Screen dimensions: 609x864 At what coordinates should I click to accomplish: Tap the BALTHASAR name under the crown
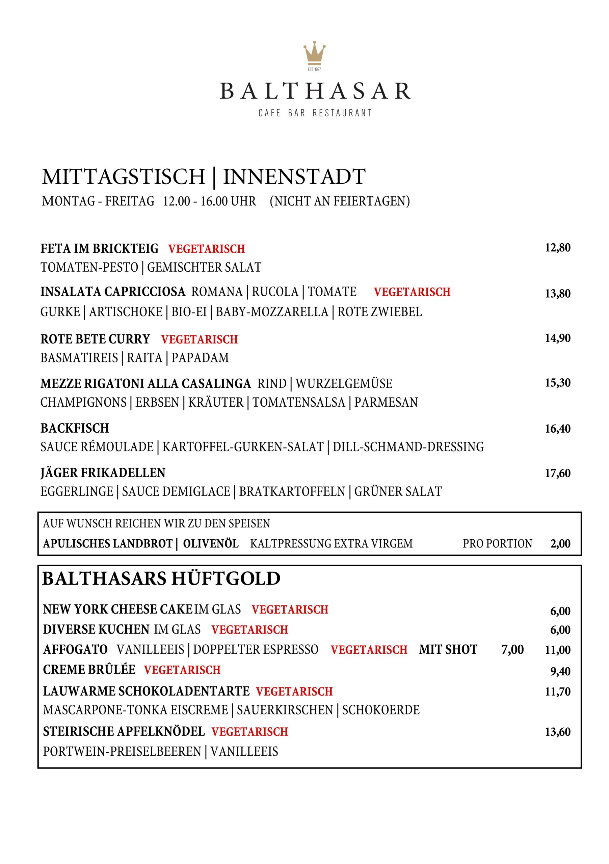(x=315, y=91)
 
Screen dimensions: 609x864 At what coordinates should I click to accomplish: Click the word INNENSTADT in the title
(x=294, y=177)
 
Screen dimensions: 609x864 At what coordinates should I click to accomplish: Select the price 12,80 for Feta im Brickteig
(x=557, y=248)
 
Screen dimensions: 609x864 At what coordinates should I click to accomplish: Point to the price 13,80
(x=557, y=294)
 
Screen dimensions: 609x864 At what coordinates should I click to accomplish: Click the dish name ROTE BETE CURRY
(x=95, y=339)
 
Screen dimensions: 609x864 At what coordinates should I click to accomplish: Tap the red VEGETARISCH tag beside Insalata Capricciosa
(x=412, y=292)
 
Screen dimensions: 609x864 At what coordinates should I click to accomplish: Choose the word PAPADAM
(x=200, y=358)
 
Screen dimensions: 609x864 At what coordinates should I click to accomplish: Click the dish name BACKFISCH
(x=75, y=428)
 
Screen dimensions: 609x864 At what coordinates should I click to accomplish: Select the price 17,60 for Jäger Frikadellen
(x=557, y=473)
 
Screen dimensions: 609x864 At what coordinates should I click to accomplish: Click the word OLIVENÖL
(x=211, y=544)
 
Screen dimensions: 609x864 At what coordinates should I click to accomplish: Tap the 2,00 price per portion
(x=560, y=544)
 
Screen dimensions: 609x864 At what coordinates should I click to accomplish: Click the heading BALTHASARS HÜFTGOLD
(x=161, y=579)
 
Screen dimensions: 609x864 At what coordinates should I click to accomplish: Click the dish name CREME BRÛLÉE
(x=89, y=670)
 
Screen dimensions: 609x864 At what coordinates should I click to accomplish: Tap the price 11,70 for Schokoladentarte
(x=557, y=692)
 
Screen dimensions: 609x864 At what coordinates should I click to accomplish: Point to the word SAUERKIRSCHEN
(x=285, y=710)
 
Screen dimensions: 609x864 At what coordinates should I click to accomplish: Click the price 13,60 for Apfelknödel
(x=557, y=732)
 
